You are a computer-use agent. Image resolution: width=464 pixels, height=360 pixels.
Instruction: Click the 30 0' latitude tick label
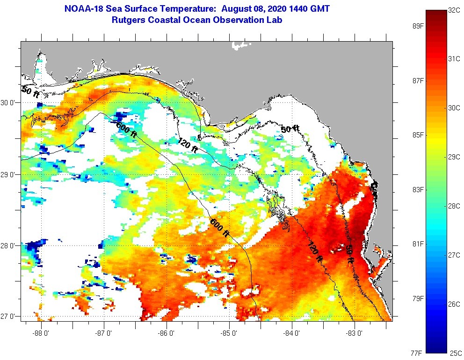click(9, 102)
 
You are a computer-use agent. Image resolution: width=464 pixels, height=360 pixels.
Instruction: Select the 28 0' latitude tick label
click(9, 245)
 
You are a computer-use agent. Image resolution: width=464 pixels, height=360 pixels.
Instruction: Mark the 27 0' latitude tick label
click(9, 317)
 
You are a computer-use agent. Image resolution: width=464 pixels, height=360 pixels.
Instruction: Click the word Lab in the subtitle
click(275, 20)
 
